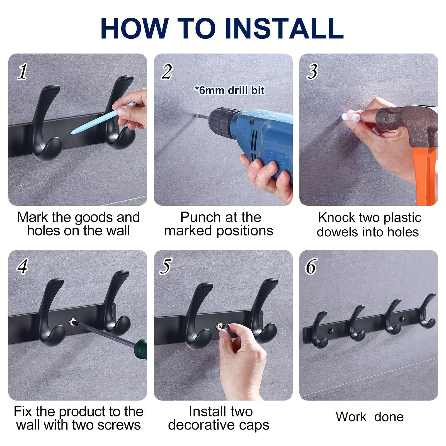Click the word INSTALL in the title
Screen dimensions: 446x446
pyautogui.click(x=284, y=28)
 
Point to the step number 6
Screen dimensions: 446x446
pyautogui.click(x=311, y=266)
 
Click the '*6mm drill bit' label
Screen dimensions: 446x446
pyautogui.click(x=229, y=90)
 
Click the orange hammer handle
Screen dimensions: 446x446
pyautogui.click(x=425, y=176)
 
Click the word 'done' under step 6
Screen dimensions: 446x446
pyautogui.click(x=389, y=417)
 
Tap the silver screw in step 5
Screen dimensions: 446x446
pyautogui.click(x=220, y=326)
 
